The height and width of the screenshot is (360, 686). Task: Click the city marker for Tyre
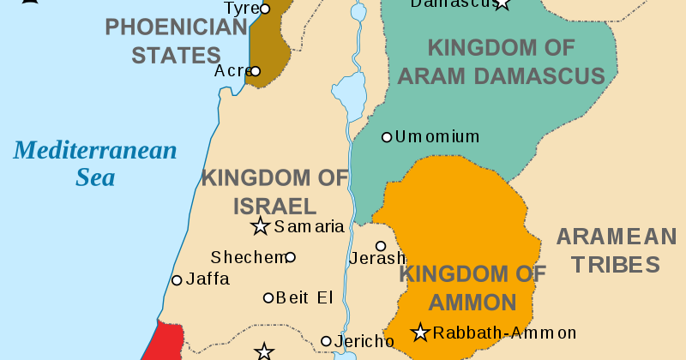pyautogui.click(x=265, y=9)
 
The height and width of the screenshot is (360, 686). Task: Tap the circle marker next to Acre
pyautogui.click(x=256, y=71)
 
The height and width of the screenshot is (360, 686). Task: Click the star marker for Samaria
pyautogui.click(x=260, y=227)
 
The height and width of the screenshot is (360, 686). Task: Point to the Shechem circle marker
pyautogui.click(x=291, y=257)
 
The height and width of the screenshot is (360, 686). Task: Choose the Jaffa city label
pyautogui.click(x=208, y=279)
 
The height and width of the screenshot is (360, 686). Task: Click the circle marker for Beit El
pyautogui.click(x=268, y=298)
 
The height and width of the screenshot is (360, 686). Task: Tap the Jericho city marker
pyautogui.click(x=326, y=341)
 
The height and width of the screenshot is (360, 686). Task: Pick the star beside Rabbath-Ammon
pyautogui.click(x=420, y=333)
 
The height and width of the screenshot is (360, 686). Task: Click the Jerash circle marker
pyautogui.click(x=381, y=246)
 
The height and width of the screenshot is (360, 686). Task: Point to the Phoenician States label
pyautogui.click(x=176, y=41)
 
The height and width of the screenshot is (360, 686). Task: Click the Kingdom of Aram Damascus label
pyautogui.click(x=502, y=62)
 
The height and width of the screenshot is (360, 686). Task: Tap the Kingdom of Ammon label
pyautogui.click(x=472, y=288)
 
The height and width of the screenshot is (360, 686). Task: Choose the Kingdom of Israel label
pyautogui.click(x=274, y=192)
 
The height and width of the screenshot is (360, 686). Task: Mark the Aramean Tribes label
pyautogui.click(x=616, y=250)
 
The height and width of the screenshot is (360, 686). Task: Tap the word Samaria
pyautogui.click(x=309, y=228)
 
